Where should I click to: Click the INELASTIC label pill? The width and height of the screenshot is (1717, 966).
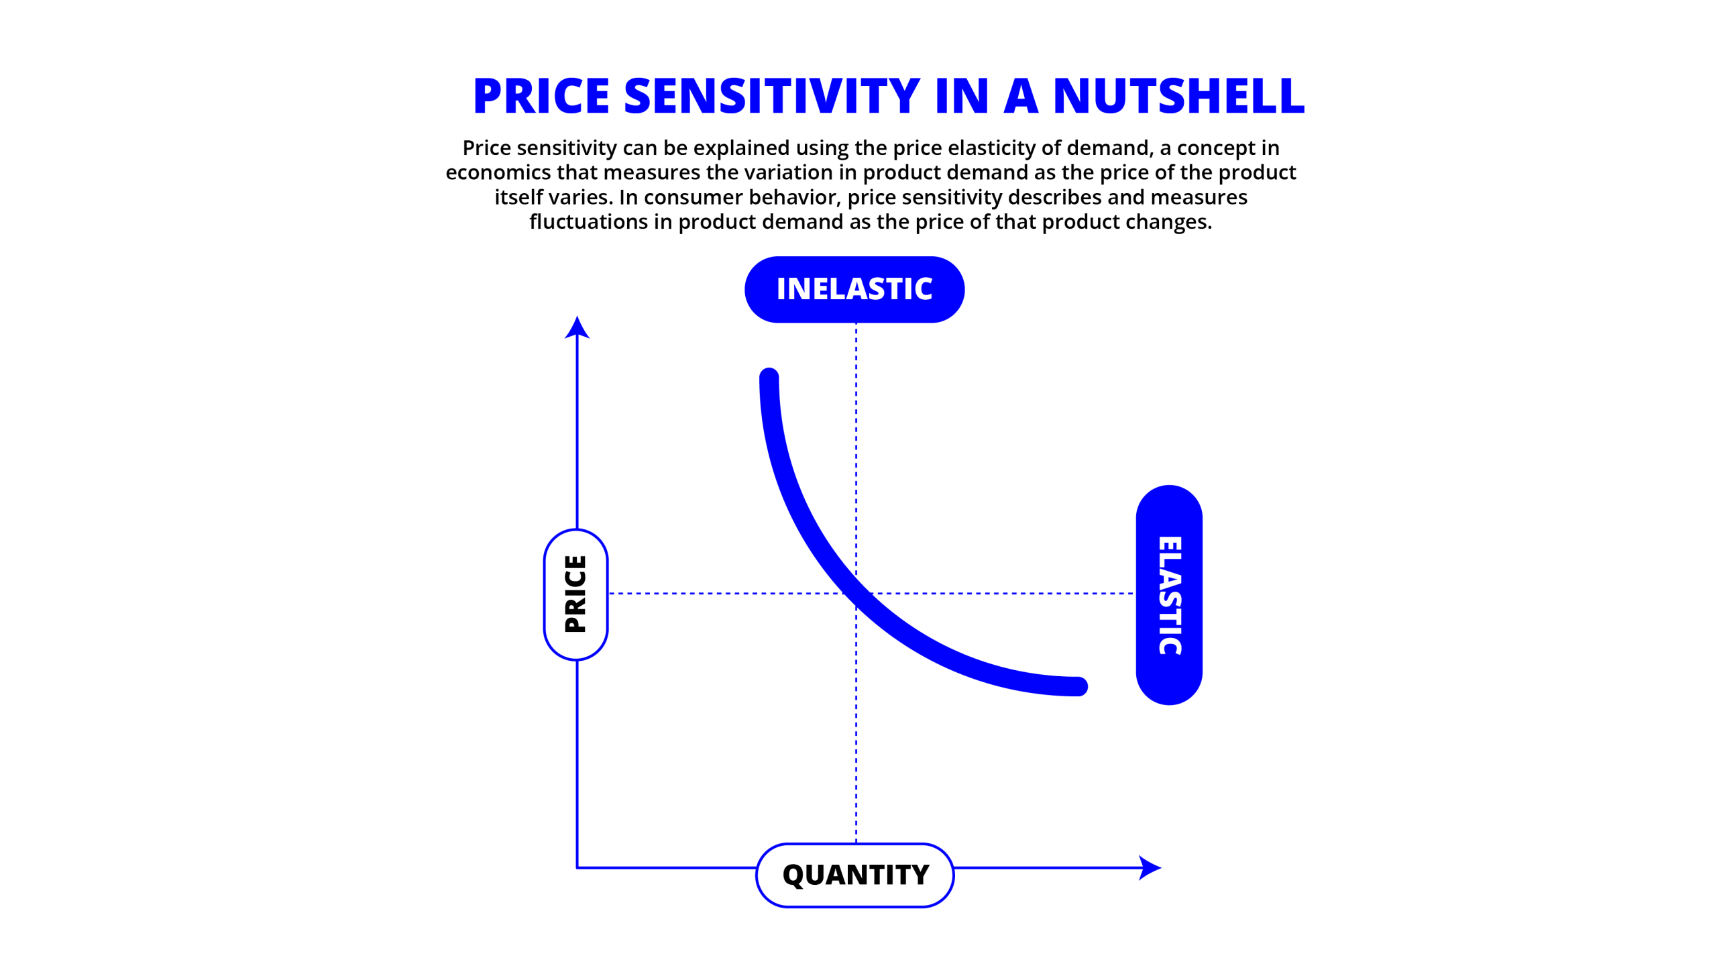point(854,289)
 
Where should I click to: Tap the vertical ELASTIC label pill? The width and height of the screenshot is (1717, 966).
point(1169,595)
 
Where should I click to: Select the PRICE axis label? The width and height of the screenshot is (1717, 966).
point(576,594)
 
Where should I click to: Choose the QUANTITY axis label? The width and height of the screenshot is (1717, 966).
point(855,875)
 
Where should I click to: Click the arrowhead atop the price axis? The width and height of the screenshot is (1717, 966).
point(577,327)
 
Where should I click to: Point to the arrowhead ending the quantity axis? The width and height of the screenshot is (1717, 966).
point(1150,867)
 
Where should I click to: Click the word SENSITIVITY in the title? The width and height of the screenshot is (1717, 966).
point(772,96)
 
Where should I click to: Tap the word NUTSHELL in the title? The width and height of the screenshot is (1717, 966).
point(1178,96)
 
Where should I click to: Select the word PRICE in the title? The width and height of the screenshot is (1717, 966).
point(541,96)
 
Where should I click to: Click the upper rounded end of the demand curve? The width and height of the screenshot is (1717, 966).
point(769,378)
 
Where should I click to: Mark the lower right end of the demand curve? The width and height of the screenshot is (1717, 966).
point(1078,686)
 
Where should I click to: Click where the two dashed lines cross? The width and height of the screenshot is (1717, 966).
point(856,593)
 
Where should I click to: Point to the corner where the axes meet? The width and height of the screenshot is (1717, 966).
point(577,867)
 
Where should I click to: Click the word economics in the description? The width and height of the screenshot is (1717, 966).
point(498,172)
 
